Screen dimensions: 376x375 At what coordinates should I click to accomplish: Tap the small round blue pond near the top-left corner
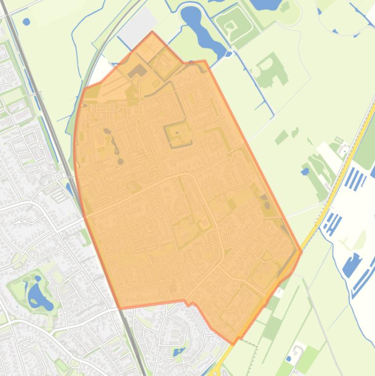click(26, 22)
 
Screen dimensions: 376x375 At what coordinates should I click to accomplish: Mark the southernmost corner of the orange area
click(233, 344)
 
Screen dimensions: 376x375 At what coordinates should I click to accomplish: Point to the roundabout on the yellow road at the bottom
click(215, 373)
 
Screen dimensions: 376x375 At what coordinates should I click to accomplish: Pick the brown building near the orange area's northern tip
click(138, 71)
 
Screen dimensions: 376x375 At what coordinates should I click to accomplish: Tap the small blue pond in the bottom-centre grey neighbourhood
click(178, 351)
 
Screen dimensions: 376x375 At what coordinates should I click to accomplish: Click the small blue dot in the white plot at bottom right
click(289, 359)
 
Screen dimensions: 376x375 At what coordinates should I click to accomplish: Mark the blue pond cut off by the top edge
click(266, 4)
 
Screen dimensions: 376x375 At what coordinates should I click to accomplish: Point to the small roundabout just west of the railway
click(58, 176)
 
